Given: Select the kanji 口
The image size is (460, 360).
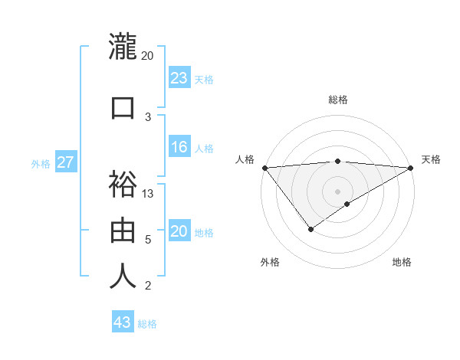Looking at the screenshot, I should pos(123,106).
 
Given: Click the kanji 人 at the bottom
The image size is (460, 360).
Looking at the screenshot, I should pos(123,276).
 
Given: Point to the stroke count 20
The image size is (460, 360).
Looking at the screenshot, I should pos(148,56).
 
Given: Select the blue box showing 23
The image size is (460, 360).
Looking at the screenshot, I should pos(179,77).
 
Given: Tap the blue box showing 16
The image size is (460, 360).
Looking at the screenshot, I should pos(179,147).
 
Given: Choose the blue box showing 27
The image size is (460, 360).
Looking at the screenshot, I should pos(65,162).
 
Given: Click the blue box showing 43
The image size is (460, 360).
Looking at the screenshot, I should pos(123,322).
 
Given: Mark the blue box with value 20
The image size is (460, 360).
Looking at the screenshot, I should pos(179,231).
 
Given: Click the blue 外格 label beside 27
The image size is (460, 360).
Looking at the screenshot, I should pos(41,163).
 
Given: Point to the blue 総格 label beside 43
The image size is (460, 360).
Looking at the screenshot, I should pos(147,324).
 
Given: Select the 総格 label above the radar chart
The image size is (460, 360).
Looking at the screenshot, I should pos(338,100).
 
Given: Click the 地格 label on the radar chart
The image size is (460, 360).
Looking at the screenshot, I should pos(402,262).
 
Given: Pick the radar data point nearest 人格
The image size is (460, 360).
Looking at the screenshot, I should pos(264,168).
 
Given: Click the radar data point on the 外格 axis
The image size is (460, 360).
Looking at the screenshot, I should pos(310,229).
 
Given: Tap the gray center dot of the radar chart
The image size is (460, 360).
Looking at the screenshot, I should pos(338,191).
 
